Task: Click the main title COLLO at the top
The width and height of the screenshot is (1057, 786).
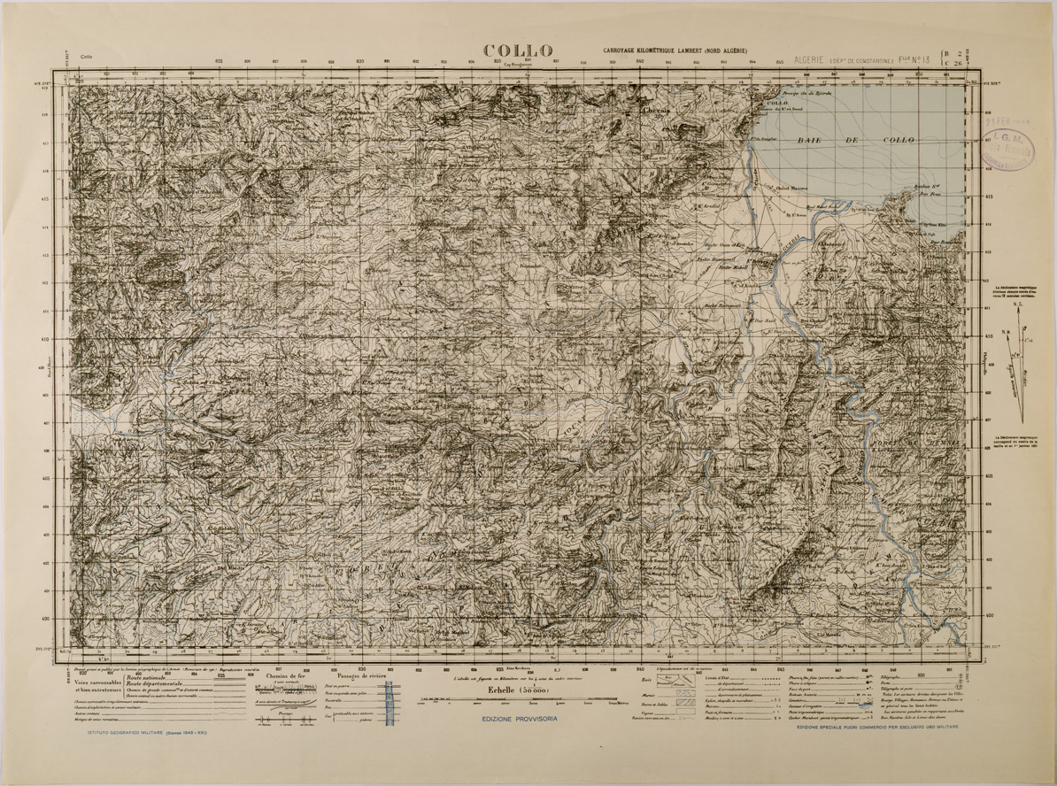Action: [518, 51]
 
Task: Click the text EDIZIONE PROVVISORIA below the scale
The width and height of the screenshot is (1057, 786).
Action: [519, 719]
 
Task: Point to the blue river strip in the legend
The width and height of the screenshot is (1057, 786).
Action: [390, 708]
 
